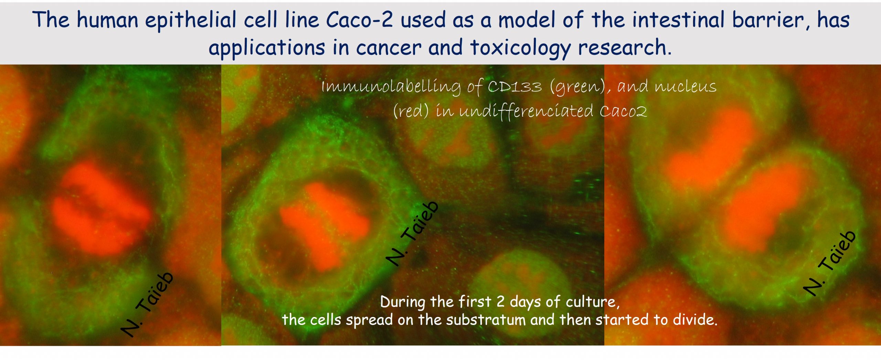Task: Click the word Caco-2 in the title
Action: (359, 20)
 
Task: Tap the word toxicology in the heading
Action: (520, 48)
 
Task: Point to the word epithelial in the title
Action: (190, 20)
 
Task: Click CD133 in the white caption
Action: (515, 86)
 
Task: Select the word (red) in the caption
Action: (411, 111)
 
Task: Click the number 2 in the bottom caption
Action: (500, 302)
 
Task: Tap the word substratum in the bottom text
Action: (486, 320)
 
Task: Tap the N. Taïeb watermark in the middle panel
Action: (412, 233)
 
